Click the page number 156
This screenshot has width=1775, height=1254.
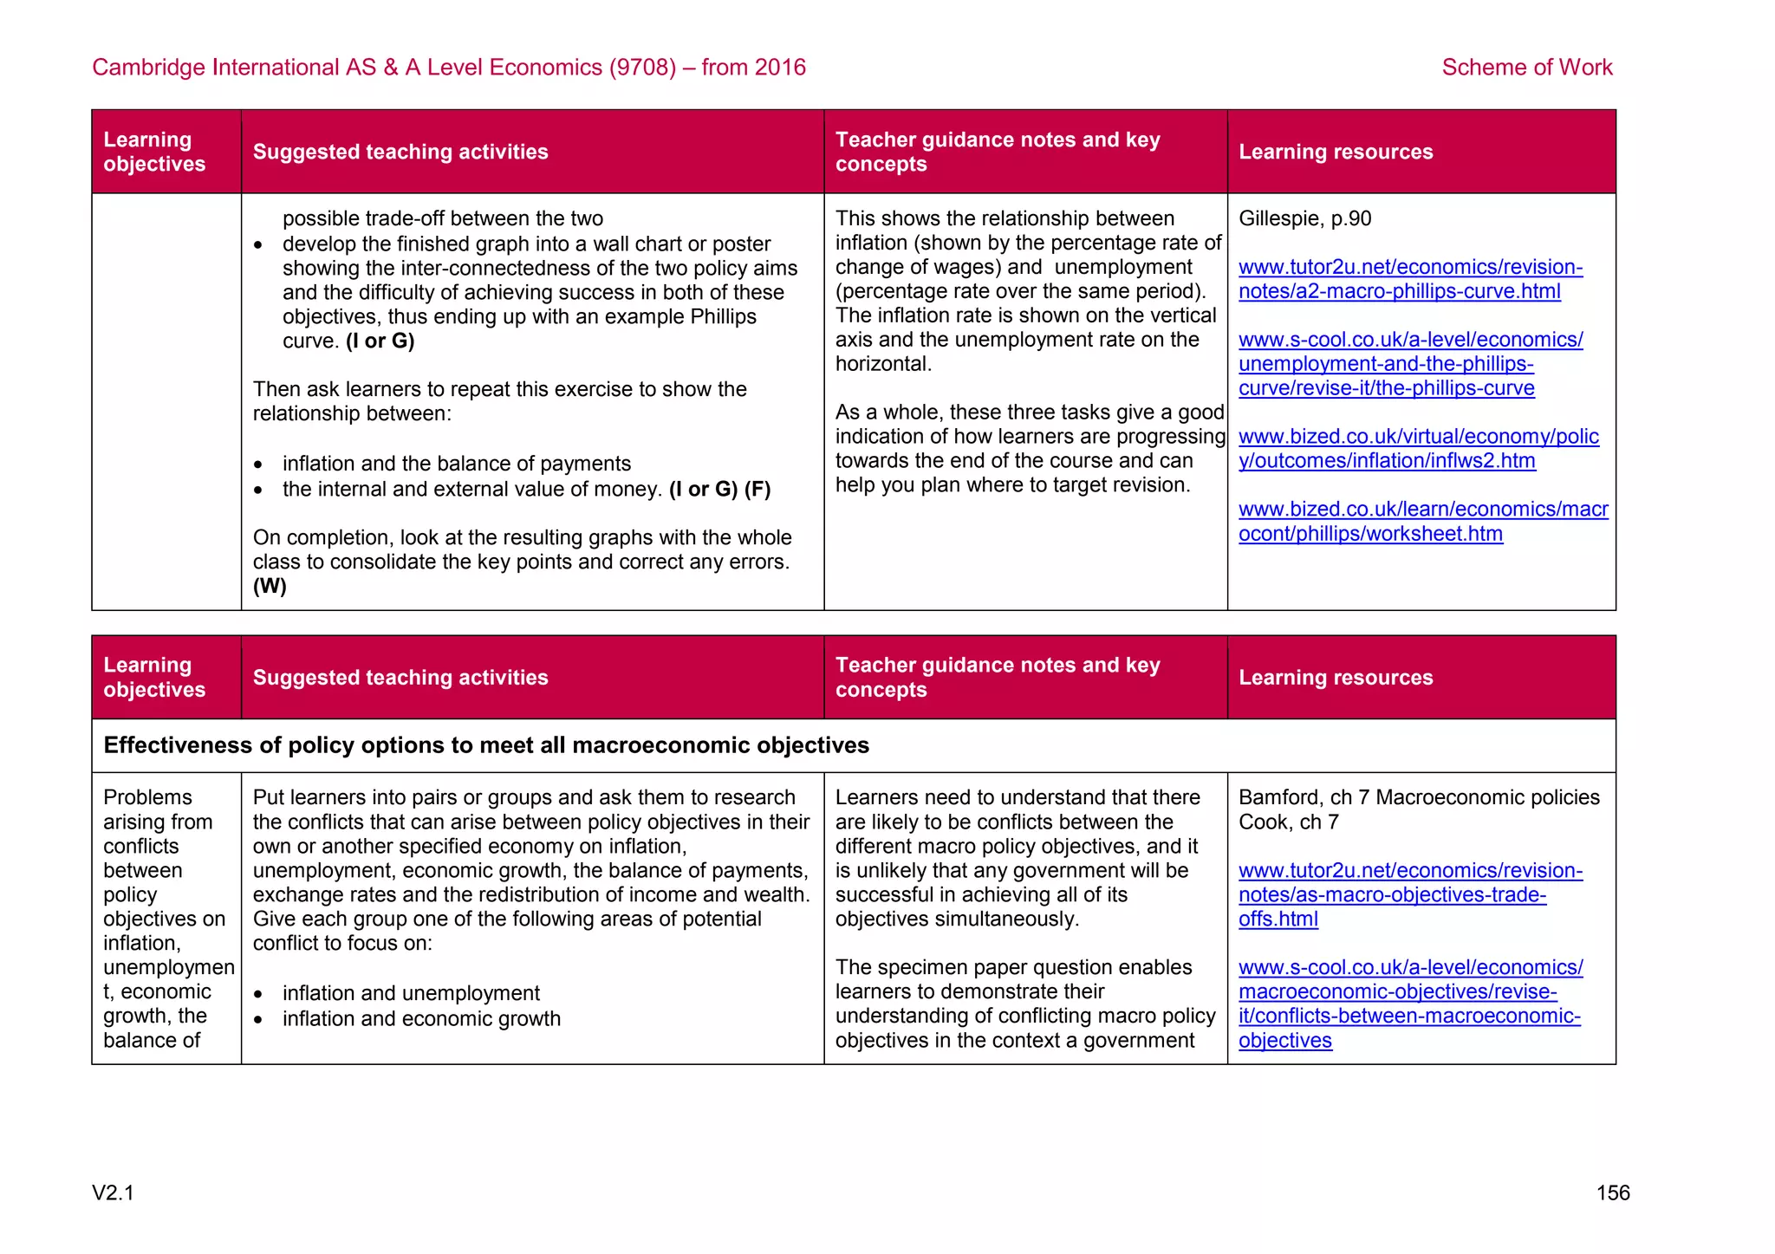[x=1612, y=1192]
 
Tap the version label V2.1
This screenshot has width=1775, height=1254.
[x=113, y=1192]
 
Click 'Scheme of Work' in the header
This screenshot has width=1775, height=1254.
[x=1526, y=68]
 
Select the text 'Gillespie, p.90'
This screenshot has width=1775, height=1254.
[x=1304, y=218]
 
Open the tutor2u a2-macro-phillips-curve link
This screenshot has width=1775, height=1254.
[x=1409, y=279]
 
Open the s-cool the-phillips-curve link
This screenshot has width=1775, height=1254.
[x=1409, y=364]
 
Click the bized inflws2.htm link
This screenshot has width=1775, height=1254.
[x=1418, y=449]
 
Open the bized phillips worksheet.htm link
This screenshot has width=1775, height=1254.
[x=1422, y=522]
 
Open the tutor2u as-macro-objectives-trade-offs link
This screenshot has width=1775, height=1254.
[x=1409, y=894]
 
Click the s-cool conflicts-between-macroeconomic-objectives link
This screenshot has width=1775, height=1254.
[x=1409, y=1004]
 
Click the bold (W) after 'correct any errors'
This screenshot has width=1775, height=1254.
[x=270, y=586]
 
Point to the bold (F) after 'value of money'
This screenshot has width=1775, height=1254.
[x=757, y=490]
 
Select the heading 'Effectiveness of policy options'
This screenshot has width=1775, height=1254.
[x=485, y=745]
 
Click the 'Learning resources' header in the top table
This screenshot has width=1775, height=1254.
[x=1335, y=152]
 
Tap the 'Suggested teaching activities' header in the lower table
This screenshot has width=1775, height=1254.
[x=400, y=678]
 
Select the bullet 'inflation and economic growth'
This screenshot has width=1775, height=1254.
[x=421, y=1019]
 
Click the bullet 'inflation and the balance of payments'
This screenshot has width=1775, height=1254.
[x=456, y=464]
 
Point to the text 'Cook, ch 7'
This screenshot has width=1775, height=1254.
[x=1288, y=822]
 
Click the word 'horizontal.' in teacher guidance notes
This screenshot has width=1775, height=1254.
[x=883, y=364]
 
